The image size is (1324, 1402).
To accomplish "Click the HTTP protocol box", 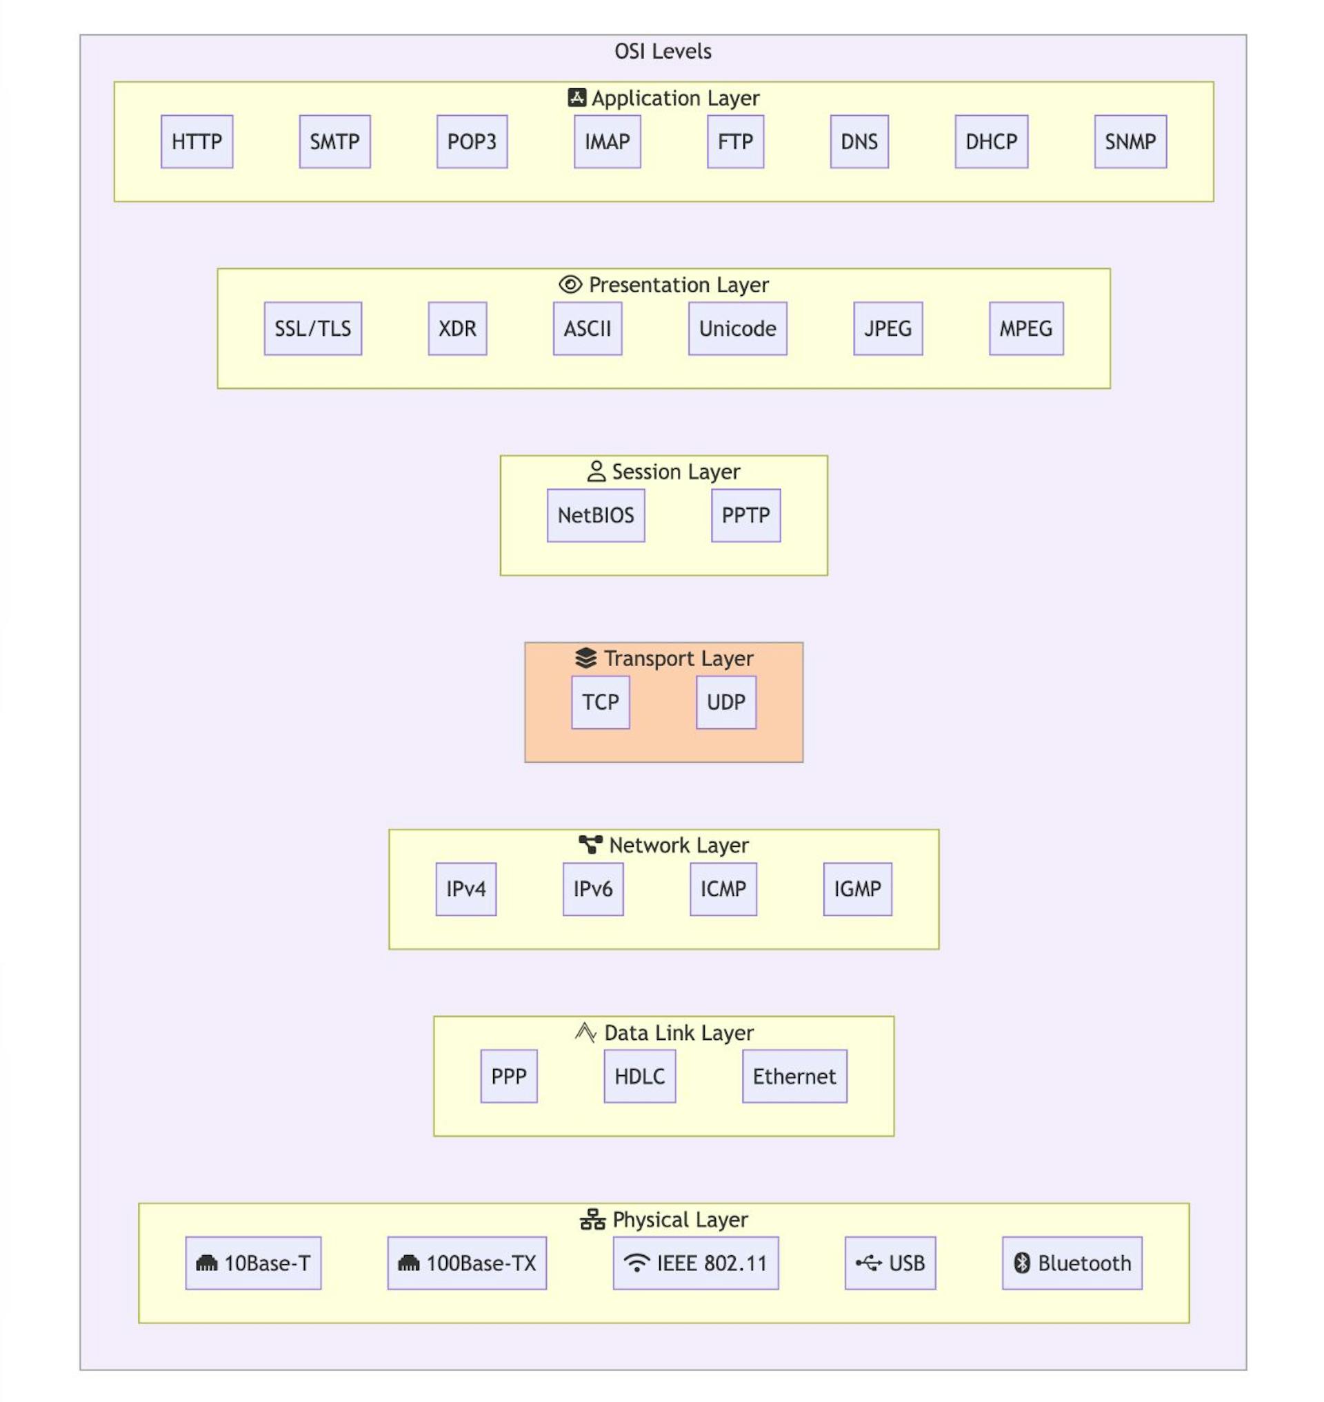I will [x=197, y=142].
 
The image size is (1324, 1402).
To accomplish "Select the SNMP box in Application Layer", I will [x=1130, y=142].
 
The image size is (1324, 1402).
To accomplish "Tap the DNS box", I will [x=859, y=142].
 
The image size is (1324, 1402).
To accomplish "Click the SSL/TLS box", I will [x=312, y=329].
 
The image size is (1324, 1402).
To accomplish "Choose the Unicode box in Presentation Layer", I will [x=738, y=329].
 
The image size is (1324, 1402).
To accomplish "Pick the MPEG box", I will [x=1025, y=329].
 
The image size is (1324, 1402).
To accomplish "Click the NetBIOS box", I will [x=596, y=515].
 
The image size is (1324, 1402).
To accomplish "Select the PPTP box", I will [x=745, y=515].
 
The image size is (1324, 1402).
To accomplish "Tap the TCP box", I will [x=600, y=703].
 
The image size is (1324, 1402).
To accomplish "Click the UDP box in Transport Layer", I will [x=725, y=703].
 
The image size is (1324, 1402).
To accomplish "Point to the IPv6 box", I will [x=593, y=889].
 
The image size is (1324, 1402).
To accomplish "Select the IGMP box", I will [x=856, y=889].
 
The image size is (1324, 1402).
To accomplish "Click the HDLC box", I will [x=639, y=1076].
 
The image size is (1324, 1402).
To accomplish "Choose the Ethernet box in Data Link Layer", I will [x=794, y=1076].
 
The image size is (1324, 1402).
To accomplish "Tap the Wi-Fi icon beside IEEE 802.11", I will [x=636, y=1263].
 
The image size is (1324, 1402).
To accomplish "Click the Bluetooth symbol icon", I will [x=1021, y=1263].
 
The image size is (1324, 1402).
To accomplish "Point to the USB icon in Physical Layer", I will [x=869, y=1263].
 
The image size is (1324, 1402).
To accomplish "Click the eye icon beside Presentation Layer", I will [x=570, y=285].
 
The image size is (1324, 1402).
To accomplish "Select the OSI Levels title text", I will [x=663, y=52].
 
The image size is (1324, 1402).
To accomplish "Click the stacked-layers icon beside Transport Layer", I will [x=585, y=658].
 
